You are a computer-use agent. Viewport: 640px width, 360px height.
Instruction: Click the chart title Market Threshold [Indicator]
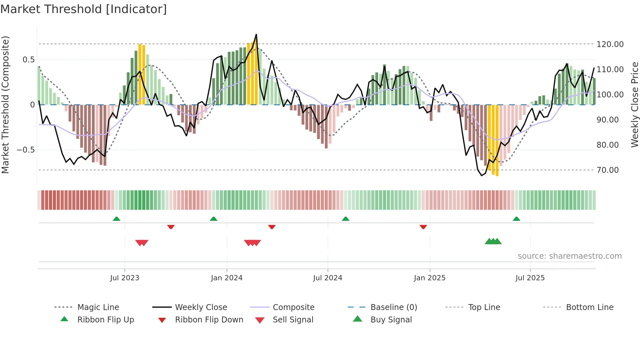tap(84, 9)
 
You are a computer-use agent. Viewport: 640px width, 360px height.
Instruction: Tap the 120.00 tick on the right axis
tap(610, 44)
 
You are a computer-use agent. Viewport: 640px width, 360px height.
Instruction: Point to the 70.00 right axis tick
tap(607, 170)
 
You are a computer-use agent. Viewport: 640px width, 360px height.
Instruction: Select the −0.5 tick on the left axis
tap(25, 150)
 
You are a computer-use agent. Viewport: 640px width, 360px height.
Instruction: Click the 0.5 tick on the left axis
tap(28, 60)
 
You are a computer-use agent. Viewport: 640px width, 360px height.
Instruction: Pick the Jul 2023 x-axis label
tap(124, 278)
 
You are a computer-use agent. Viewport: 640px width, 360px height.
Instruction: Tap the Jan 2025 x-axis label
tap(429, 278)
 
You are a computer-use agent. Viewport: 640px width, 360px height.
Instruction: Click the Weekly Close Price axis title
tap(634, 105)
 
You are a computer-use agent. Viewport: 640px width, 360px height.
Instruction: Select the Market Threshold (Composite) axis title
tap(5, 105)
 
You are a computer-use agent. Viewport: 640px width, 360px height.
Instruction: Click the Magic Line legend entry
tap(98, 307)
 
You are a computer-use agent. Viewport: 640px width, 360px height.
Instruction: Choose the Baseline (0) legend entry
tap(393, 307)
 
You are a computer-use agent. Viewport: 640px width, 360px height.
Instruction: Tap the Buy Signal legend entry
tap(391, 320)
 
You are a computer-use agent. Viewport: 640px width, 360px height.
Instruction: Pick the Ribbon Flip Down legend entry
tap(209, 320)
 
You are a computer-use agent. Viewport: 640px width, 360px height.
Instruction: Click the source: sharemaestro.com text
tap(569, 256)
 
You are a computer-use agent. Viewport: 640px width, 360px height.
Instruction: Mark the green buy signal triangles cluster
tap(493, 241)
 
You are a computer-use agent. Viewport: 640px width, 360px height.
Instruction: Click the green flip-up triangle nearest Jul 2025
tap(516, 219)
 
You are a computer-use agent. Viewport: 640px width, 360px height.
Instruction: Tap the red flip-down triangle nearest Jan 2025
tap(423, 227)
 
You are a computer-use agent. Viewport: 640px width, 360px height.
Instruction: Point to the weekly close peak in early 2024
tap(256, 35)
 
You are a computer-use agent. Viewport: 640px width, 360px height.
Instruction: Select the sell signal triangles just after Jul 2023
tap(142, 243)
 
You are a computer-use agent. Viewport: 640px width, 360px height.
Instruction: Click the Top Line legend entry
tap(484, 307)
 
